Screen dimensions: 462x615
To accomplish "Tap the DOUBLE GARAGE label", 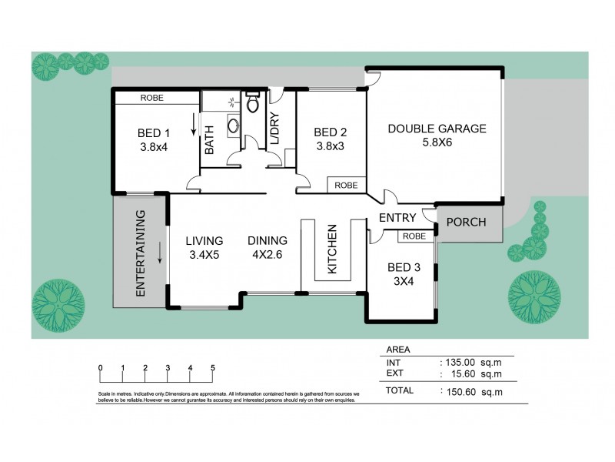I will point(437,129).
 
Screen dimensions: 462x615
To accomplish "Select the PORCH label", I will point(466,223).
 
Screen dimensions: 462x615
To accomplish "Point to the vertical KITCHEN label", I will point(333,249).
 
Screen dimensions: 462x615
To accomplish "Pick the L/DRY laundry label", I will point(274,128).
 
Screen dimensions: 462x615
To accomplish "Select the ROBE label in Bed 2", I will point(346,185).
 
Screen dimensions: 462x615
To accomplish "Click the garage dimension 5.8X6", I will point(437,142).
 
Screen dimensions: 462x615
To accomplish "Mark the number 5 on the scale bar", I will point(212,367).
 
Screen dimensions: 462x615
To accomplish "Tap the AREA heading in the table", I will point(398,349).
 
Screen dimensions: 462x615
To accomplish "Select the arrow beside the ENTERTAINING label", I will point(161,253).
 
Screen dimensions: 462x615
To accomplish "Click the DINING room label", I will point(268,240).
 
